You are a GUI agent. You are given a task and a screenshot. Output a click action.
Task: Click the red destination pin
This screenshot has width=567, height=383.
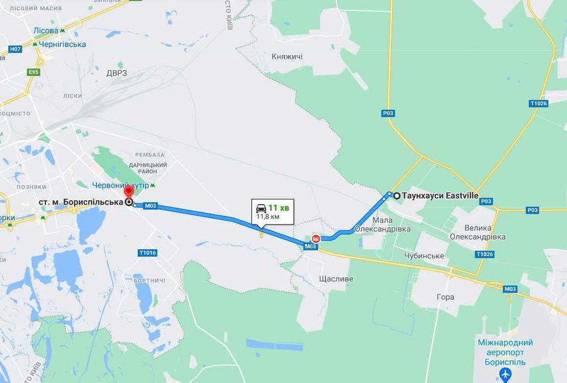click(129, 193)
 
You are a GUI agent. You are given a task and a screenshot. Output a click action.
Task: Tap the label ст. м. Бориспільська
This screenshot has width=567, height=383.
click(81, 202)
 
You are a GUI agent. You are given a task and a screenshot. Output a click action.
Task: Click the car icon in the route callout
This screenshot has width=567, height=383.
click(261, 207)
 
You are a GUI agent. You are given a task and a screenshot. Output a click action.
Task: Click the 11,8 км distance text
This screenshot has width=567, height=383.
click(268, 216)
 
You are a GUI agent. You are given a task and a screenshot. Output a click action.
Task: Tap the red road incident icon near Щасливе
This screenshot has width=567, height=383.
click(316, 239)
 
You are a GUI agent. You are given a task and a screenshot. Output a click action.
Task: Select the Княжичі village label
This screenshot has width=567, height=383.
click(287, 57)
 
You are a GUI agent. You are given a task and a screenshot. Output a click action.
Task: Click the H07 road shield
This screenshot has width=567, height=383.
click(15, 49)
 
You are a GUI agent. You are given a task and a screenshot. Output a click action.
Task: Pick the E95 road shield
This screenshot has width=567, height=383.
click(33, 72)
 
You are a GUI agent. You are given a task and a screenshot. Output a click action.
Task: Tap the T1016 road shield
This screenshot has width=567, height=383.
click(147, 253)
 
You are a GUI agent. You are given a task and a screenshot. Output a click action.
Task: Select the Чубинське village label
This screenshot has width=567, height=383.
click(424, 256)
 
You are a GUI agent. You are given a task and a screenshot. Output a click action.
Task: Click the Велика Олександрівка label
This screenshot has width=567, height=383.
click(477, 232)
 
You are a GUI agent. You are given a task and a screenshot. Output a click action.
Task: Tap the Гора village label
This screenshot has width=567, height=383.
click(446, 297)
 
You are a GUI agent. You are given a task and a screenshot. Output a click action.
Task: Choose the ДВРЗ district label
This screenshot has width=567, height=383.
click(116, 73)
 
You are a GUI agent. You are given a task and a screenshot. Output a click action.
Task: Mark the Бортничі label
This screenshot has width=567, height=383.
click(150, 280)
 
